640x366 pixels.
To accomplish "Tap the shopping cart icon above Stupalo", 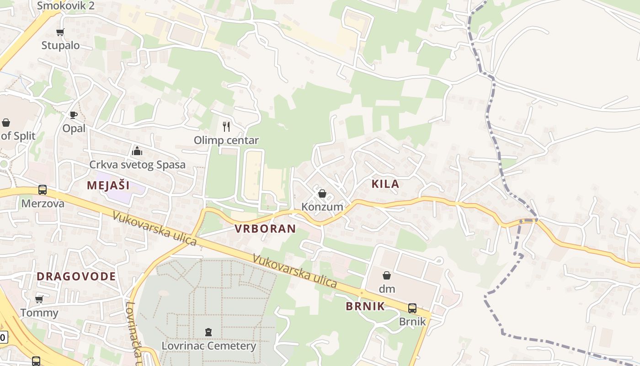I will [x=60, y=32].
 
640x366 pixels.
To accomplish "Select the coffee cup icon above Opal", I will [x=73, y=115].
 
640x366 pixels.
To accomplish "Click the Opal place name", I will [x=74, y=128].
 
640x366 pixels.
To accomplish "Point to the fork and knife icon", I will [x=226, y=126].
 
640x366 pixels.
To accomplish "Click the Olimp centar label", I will [x=226, y=140].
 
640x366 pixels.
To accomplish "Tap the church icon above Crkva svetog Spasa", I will [x=137, y=151].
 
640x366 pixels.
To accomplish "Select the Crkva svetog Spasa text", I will [x=137, y=165].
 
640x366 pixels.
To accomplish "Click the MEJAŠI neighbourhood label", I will [x=108, y=185].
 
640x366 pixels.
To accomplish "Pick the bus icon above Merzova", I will [x=43, y=189].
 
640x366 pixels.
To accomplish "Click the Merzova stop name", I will [x=43, y=204].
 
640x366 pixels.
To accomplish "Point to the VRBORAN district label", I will [x=265, y=229].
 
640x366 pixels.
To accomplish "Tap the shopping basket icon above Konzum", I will [x=322, y=194].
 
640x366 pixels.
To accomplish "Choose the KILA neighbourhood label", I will [x=385, y=184].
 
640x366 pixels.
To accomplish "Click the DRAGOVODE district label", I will [x=76, y=276].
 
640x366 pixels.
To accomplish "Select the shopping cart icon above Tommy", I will [x=39, y=299].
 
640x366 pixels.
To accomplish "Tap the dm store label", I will [x=387, y=289].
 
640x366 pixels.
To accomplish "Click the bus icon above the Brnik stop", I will [x=412, y=308].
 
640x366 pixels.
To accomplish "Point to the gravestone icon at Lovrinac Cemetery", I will [x=208, y=332].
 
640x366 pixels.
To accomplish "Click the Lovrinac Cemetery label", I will [x=208, y=345].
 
